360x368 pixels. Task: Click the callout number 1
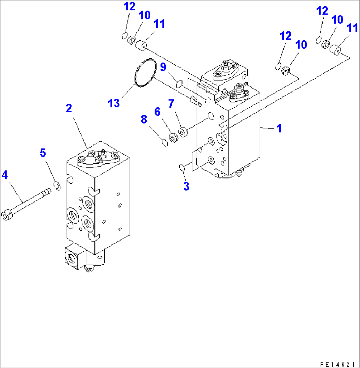279,128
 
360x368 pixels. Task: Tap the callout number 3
186,186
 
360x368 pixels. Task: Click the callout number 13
114,103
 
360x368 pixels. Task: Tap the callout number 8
144,119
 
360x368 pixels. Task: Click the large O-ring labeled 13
146,73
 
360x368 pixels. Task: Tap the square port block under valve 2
74,257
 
